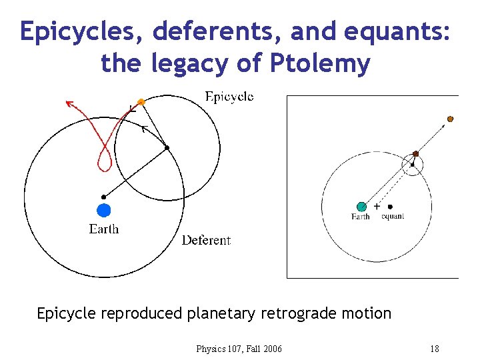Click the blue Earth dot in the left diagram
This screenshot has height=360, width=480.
103,211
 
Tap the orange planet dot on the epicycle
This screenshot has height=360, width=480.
141,102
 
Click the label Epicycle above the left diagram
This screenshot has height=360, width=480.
229,97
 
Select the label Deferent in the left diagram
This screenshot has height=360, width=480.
206,240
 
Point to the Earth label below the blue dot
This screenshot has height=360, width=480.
104,229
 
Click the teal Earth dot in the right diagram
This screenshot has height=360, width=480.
362,207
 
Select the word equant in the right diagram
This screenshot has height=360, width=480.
393,216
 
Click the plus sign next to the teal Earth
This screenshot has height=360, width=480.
377,207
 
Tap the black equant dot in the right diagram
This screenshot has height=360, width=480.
390,207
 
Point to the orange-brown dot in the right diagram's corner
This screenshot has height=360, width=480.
450,119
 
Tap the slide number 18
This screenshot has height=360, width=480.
435,349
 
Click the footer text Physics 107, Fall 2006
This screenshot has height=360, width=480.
239,349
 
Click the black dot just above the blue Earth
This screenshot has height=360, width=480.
103,197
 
